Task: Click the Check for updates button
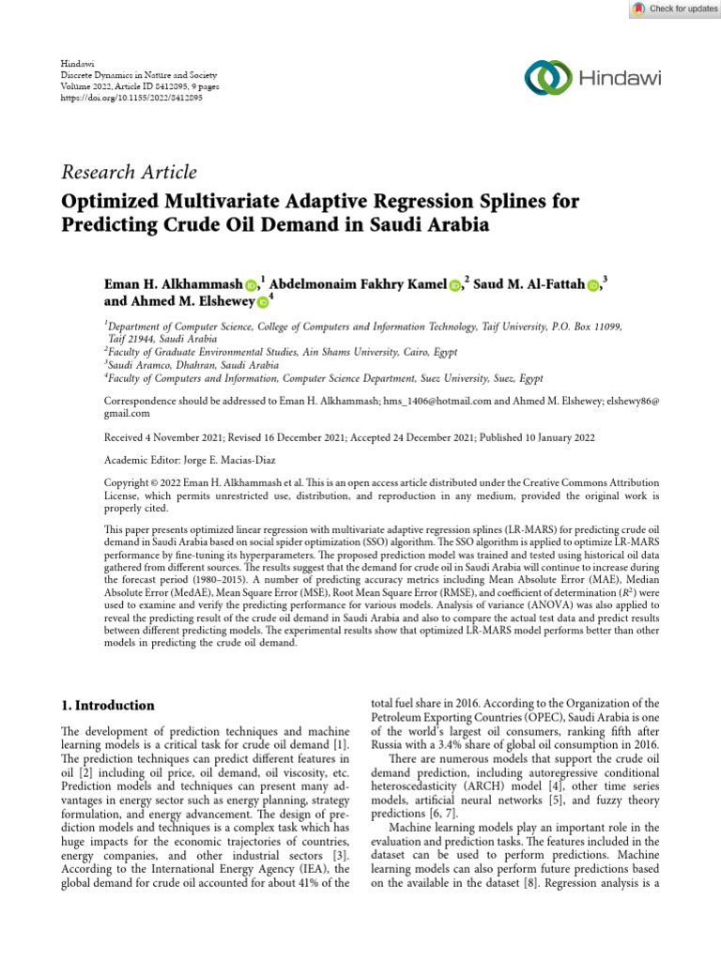click(x=674, y=8)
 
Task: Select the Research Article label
click(x=130, y=172)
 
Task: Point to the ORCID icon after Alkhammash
click(x=252, y=285)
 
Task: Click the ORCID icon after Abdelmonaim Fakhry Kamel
click(x=454, y=285)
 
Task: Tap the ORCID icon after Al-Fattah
click(x=593, y=285)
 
